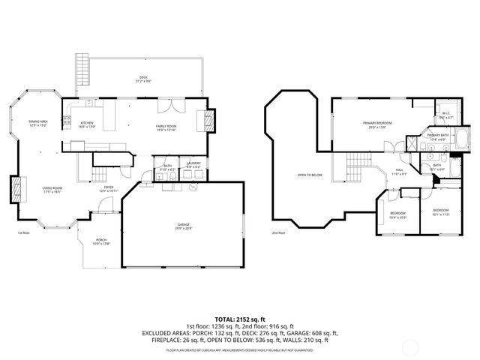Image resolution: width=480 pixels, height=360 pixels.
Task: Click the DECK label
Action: pos(143,77)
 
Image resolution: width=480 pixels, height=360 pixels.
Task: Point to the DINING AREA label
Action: pos(38,121)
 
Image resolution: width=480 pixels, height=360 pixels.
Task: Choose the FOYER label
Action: pos(109,187)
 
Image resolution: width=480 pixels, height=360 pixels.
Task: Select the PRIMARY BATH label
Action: pos(438,136)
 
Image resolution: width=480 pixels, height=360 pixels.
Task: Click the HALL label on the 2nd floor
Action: pos(400,170)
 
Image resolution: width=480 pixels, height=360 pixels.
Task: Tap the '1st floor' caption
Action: pos(24,232)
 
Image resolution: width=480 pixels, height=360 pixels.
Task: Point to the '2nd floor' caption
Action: pos(279,232)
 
